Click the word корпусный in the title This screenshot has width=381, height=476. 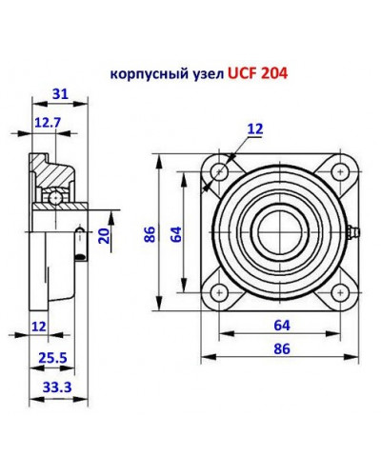[143, 72]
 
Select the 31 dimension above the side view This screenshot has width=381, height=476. [59, 93]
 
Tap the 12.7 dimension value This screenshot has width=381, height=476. [48, 122]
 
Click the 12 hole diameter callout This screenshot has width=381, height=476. [255, 128]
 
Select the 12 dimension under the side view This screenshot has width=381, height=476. [38, 327]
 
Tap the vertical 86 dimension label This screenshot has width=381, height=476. [149, 233]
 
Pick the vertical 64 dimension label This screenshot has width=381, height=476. [174, 233]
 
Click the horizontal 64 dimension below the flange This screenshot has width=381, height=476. [281, 326]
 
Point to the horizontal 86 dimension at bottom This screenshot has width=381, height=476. [281, 349]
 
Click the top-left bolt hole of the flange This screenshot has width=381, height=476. [221, 172]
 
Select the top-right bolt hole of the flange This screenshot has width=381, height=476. [340, 172]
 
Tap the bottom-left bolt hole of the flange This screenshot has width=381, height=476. [221, 292]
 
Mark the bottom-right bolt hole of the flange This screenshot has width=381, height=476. [340, 292]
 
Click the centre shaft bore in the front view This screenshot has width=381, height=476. [280, 232]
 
